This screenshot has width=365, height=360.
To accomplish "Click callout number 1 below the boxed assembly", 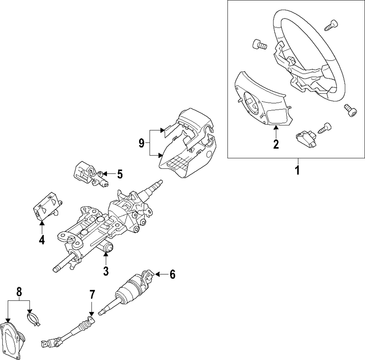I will (297, 170).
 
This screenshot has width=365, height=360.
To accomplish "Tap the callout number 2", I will (276, 144).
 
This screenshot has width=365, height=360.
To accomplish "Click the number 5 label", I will (120, 174).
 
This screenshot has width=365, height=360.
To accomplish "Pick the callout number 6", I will (172, 274).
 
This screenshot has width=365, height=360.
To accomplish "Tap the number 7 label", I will (92, 295).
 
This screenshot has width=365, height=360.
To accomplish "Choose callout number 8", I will (19, 292).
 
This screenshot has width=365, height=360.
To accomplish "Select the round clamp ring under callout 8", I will (34, 318).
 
